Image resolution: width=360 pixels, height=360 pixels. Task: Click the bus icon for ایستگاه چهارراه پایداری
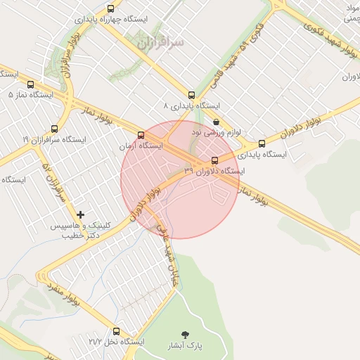click(110, 8)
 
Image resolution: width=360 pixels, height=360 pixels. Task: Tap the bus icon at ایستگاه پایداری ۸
click(191, 95)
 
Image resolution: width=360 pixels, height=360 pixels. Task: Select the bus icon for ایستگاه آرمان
click(141, 135)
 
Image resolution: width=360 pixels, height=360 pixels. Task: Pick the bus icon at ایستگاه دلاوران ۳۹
click(214, 160)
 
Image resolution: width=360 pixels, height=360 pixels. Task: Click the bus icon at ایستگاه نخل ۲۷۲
click(117, 330)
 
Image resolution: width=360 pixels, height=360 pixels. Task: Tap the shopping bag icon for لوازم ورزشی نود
click(215, 121)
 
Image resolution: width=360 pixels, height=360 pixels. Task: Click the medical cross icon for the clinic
click(81, 214)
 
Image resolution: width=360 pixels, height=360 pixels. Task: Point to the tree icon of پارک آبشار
click(186, 334)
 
